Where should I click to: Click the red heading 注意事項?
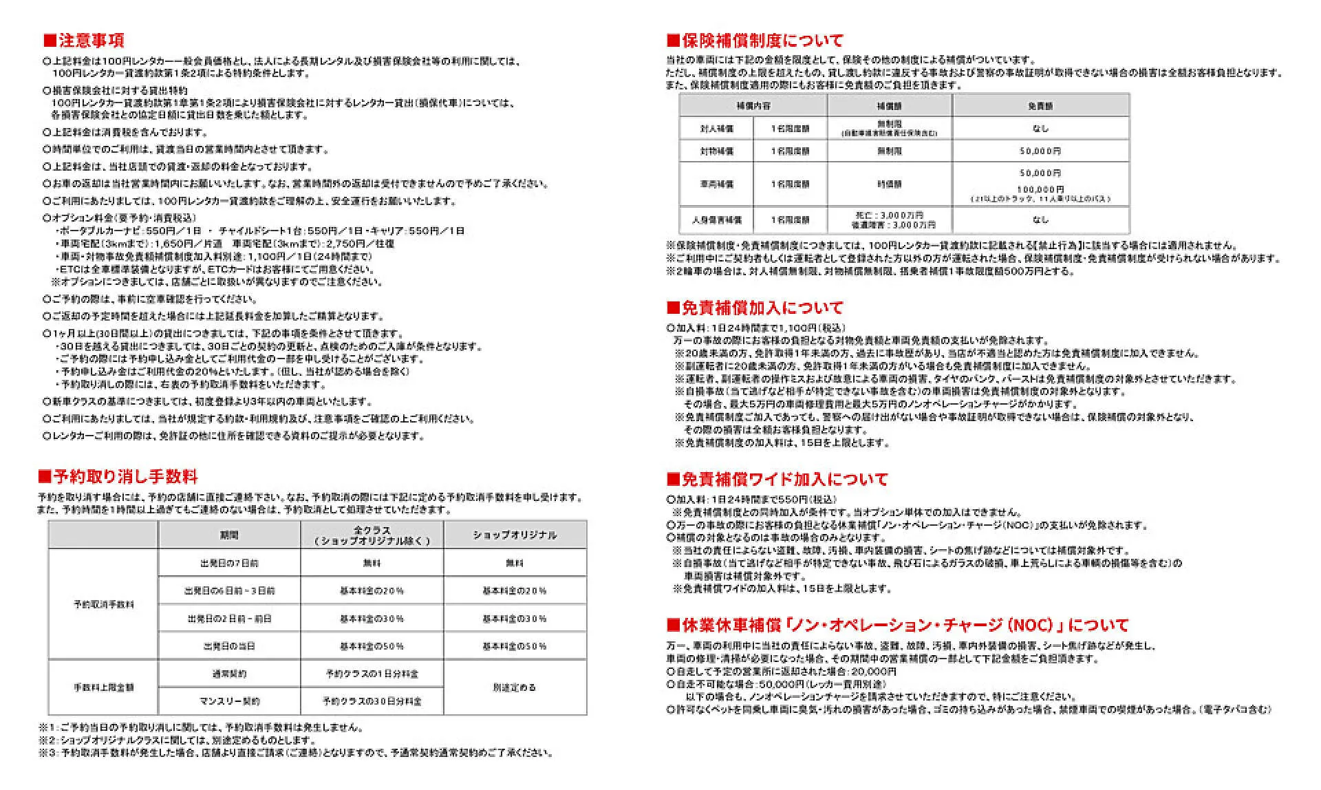click(x=83, y=41)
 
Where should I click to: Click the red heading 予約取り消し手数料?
click(x=118, y=477)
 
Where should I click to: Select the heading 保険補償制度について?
click(x=755, y=41)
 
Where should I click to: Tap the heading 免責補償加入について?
click(x=755, y=308)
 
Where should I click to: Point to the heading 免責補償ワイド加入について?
click(x=777, y=479)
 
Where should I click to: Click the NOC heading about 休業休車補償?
click(x=897, y=626)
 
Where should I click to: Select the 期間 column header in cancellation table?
click(x=229, y=535)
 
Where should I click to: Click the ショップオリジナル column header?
click(x=515, y=535)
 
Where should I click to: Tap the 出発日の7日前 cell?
click(x=229, y=563)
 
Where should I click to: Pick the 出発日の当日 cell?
click(x=229, y=646)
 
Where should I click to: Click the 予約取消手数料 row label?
click(x=104, y=605)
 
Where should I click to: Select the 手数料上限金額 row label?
click(x=104, y=687)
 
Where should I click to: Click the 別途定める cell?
click(x=515, y=687)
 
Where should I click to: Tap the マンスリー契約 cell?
click(x=229, y=701)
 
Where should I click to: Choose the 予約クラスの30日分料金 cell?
click(x=372, y=701)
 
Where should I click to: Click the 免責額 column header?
click(x=1040, y=106)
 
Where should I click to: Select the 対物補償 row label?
click(x=716, y=151)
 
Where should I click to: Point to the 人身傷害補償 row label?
click(x=716, y=220)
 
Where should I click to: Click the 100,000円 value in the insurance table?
click(x=1040, y=189)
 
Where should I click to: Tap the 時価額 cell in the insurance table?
click(x=889, y=184)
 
